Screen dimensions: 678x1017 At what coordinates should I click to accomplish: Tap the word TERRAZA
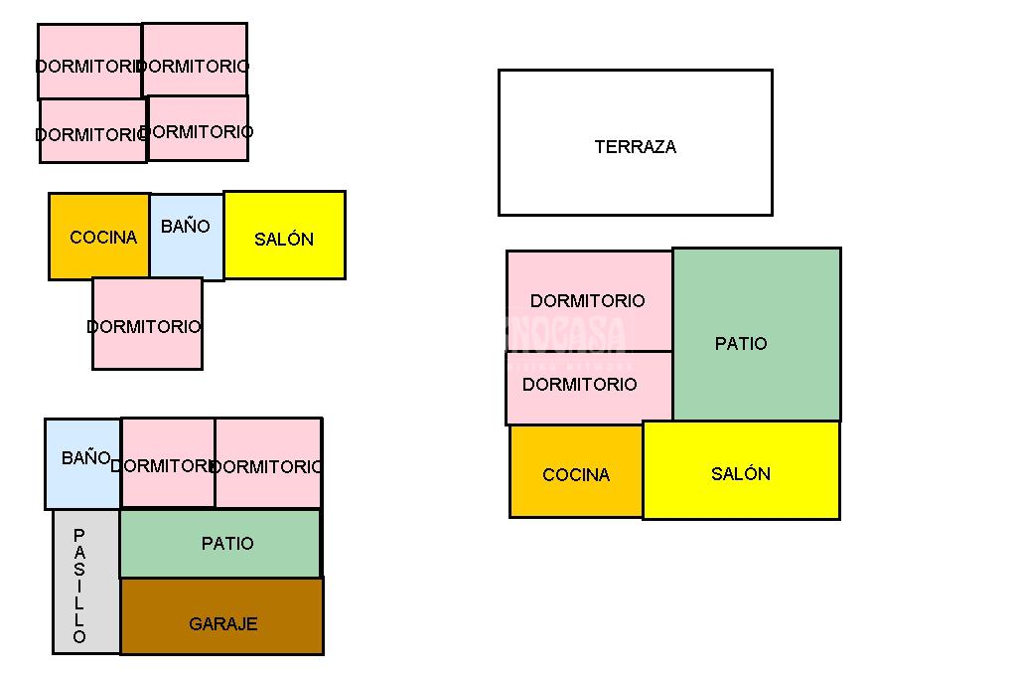pos(635,147)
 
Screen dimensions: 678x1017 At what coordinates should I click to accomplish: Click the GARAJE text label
pos(222,624)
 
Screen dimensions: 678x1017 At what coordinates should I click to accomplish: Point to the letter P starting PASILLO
pos(79,536)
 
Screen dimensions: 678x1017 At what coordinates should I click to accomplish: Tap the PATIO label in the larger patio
pos(741,344)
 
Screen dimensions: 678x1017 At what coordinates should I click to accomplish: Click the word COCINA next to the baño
pos(103,238)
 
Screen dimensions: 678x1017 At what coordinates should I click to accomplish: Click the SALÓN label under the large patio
pos(741,474)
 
